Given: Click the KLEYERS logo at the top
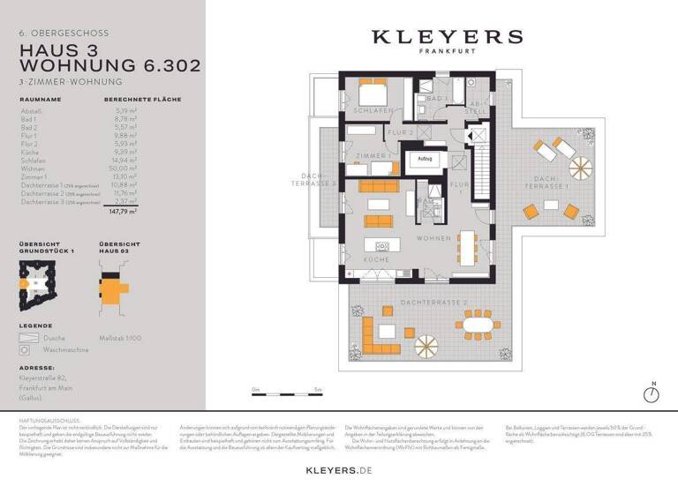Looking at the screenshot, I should click(446, 37).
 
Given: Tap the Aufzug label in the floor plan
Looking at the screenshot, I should click(425, 160).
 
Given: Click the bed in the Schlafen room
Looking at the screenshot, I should click(372, 94).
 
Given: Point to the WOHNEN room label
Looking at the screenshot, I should click(433, 238).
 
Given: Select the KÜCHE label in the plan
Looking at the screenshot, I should click(377, 260).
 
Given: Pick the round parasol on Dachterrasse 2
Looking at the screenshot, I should click(426, 344).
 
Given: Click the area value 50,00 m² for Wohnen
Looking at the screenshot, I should click(122, 168).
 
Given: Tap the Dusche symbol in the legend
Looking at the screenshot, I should click(29, 337).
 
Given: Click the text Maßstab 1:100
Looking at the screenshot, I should click(120, 338).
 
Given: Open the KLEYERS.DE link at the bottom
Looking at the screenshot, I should click(340, 472).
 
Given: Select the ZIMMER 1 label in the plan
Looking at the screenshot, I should click(373, 155).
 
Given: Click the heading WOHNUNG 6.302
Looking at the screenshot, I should click(109, 65).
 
